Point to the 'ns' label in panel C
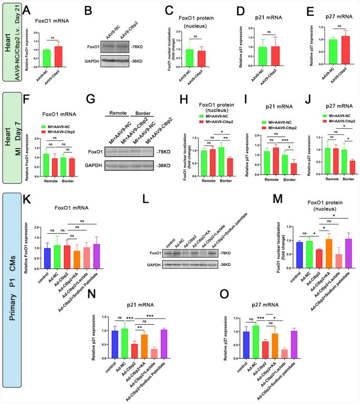tap(194, 37)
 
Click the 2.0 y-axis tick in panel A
tap(29, 33)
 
